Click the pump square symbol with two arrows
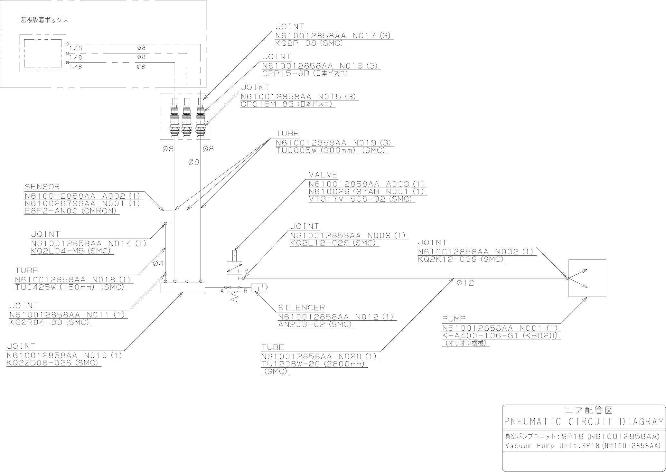pos(587,278)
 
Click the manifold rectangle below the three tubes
pos(183,288)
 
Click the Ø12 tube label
pos(465,283)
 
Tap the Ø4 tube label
pos(158,264)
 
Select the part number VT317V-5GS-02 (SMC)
pos(360,199)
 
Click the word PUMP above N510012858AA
pos(454,319)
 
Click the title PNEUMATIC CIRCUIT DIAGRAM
pos(584,421)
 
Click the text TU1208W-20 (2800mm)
pos(313,364)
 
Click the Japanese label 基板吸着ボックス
pos(44,20)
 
